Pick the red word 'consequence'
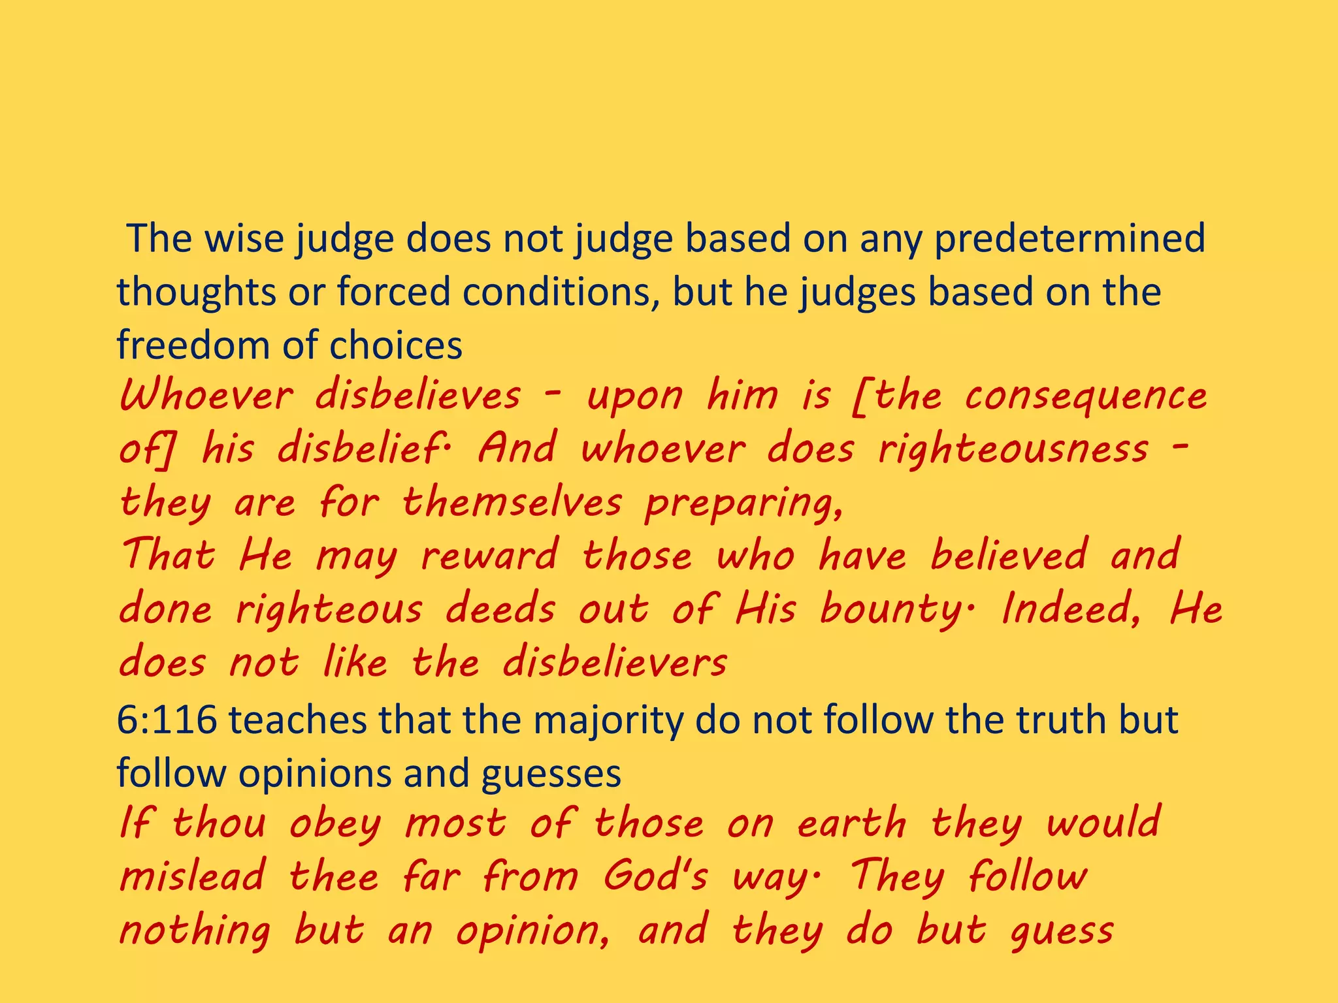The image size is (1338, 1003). (x=1085, y=397)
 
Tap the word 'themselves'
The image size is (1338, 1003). (x=512, y=503)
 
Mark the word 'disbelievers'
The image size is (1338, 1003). (x=614, y=663)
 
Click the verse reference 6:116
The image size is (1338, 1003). (x=167, y=720)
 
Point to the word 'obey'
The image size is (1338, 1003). (x=334, y=824)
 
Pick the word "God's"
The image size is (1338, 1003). (x=655, y=876)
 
